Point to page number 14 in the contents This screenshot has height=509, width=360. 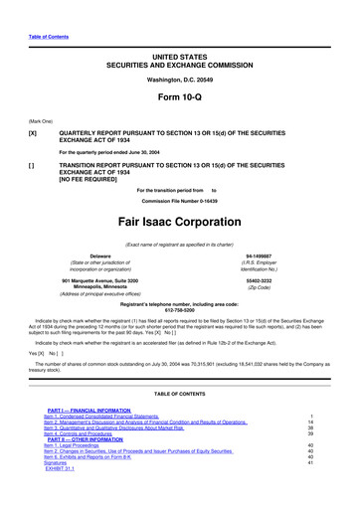[339, 450]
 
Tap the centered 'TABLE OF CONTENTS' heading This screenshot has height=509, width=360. [180, 421]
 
